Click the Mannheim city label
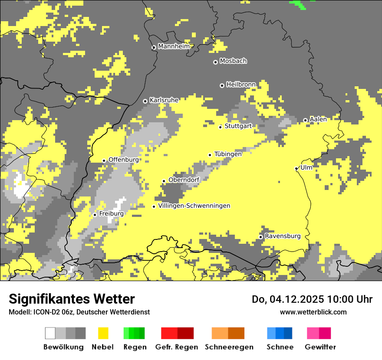click(174, 46)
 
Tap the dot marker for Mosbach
click(215, 62)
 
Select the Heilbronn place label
click(241, 84)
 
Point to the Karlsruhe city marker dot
click(145, 101)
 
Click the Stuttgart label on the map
click(238, 126)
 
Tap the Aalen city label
click(318, 119)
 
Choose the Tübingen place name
click(228, 154)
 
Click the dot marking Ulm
click(296, 168)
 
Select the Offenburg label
click(124, 160)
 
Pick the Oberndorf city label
click(184, 180)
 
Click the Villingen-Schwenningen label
click(194, 206)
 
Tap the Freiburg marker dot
click(95, 215)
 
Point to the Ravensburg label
click(283, 236)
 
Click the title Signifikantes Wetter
click(72, 299)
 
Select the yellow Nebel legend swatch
click(103, 333)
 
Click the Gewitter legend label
click(320, 347)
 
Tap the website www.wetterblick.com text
click(313, 312)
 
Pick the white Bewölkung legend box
click(50, 333)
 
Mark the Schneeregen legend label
click(229, 347)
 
